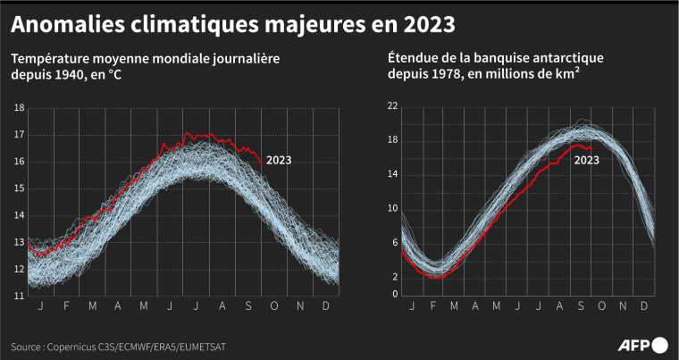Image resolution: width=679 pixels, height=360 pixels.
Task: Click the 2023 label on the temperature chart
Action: pos(279,162)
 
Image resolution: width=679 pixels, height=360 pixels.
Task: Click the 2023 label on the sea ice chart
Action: pos(586,161)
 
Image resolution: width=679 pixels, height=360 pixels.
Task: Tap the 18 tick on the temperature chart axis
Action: pos(19,109)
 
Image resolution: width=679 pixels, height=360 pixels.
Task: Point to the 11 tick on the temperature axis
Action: pos(19,295)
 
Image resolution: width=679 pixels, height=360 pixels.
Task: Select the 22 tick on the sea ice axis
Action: pos(391,106)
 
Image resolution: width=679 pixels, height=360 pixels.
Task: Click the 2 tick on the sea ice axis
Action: pos(394,277)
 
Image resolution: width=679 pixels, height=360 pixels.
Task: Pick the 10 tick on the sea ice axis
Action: pos(391,208)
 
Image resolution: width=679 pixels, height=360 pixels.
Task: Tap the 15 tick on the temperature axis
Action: pos(19,188)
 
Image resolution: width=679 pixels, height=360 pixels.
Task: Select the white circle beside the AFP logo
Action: pos(660,344)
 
